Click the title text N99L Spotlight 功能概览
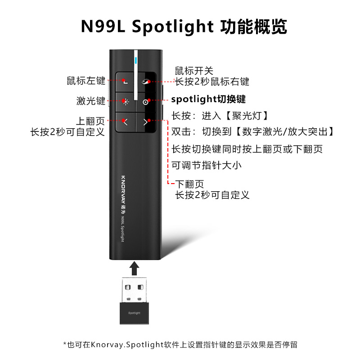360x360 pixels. tap(184, 27)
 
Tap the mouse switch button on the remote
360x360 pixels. tap(145, 82)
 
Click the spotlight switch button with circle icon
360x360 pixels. tap(145, 102)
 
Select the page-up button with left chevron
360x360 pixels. tap(125, 121)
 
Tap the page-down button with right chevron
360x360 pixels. tap(145, 121)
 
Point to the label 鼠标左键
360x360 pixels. tap(85, 81)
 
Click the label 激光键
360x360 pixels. tap(90, 101)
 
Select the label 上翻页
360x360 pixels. tap(90, 121)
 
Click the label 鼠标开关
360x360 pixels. tap(193, 71)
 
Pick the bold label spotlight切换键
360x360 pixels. tap(208, 99)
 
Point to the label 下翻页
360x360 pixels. tap(189, 184)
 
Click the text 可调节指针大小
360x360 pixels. tap(207, 165)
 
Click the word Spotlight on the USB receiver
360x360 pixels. tap(135, 313)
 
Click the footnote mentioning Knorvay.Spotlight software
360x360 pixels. tap(180, 345)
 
